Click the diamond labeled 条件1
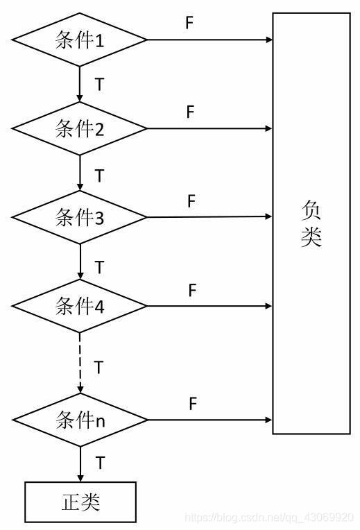[x=80, y=40]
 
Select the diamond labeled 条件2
[x=80, y=128]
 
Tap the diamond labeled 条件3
[x=80, y=217]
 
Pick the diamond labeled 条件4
[x=80, y=306]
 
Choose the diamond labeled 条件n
[x=80, y=420]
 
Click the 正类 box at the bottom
[x=80, y=502]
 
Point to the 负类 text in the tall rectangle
[x=311, y=223]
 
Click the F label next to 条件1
[x=189, y=23]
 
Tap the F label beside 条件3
[x=192, y=201]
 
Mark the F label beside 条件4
[x=192, y=290]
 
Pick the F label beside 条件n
[x=194, y=403]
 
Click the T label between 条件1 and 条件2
[x=99, y=85]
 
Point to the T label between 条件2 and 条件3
[x=99, y=174]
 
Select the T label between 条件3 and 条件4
[x=99, y=266]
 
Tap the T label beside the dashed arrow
[x=99, y=367]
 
